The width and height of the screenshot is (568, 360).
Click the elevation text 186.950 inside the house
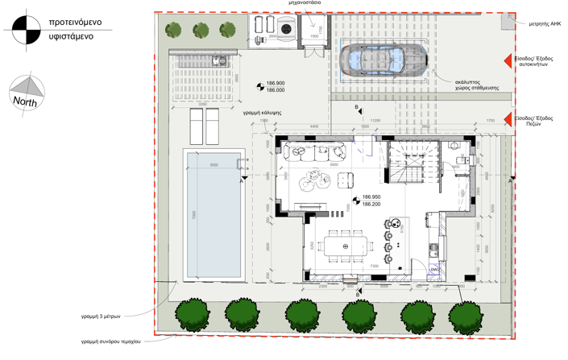click(x=371, y=197)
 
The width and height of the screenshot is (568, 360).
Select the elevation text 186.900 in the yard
click(x=276, y=83)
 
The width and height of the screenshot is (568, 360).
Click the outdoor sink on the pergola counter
click(x=216, y=60)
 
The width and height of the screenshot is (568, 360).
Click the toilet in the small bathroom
click(x=455, y=147)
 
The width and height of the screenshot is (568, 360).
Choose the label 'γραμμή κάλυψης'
click(x=262, y=113)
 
